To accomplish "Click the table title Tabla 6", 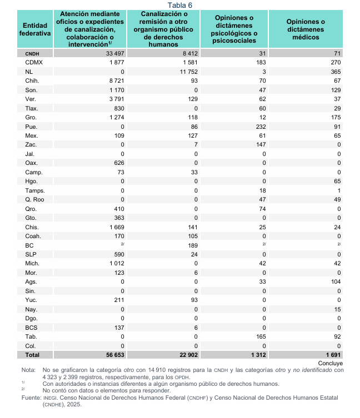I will pyautogui.click(x=180, y=5).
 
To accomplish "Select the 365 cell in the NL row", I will pyautogui.click(x=335, y=72).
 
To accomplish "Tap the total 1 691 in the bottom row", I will pyautogui.click(x=332, y=354).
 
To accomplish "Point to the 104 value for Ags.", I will pyautogui.click(x=335, y=281).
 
